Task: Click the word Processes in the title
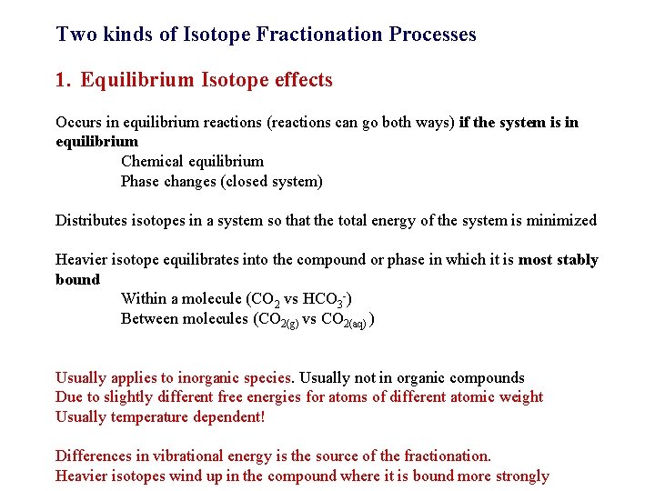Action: point(432,35)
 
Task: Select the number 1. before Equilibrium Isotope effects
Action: point(62,80)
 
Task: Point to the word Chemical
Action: point(151,162)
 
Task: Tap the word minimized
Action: point(563,220)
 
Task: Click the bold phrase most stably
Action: point(558,260)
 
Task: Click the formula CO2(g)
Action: point(278,320)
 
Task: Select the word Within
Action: point(144,298)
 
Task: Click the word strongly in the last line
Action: point(520,476)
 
